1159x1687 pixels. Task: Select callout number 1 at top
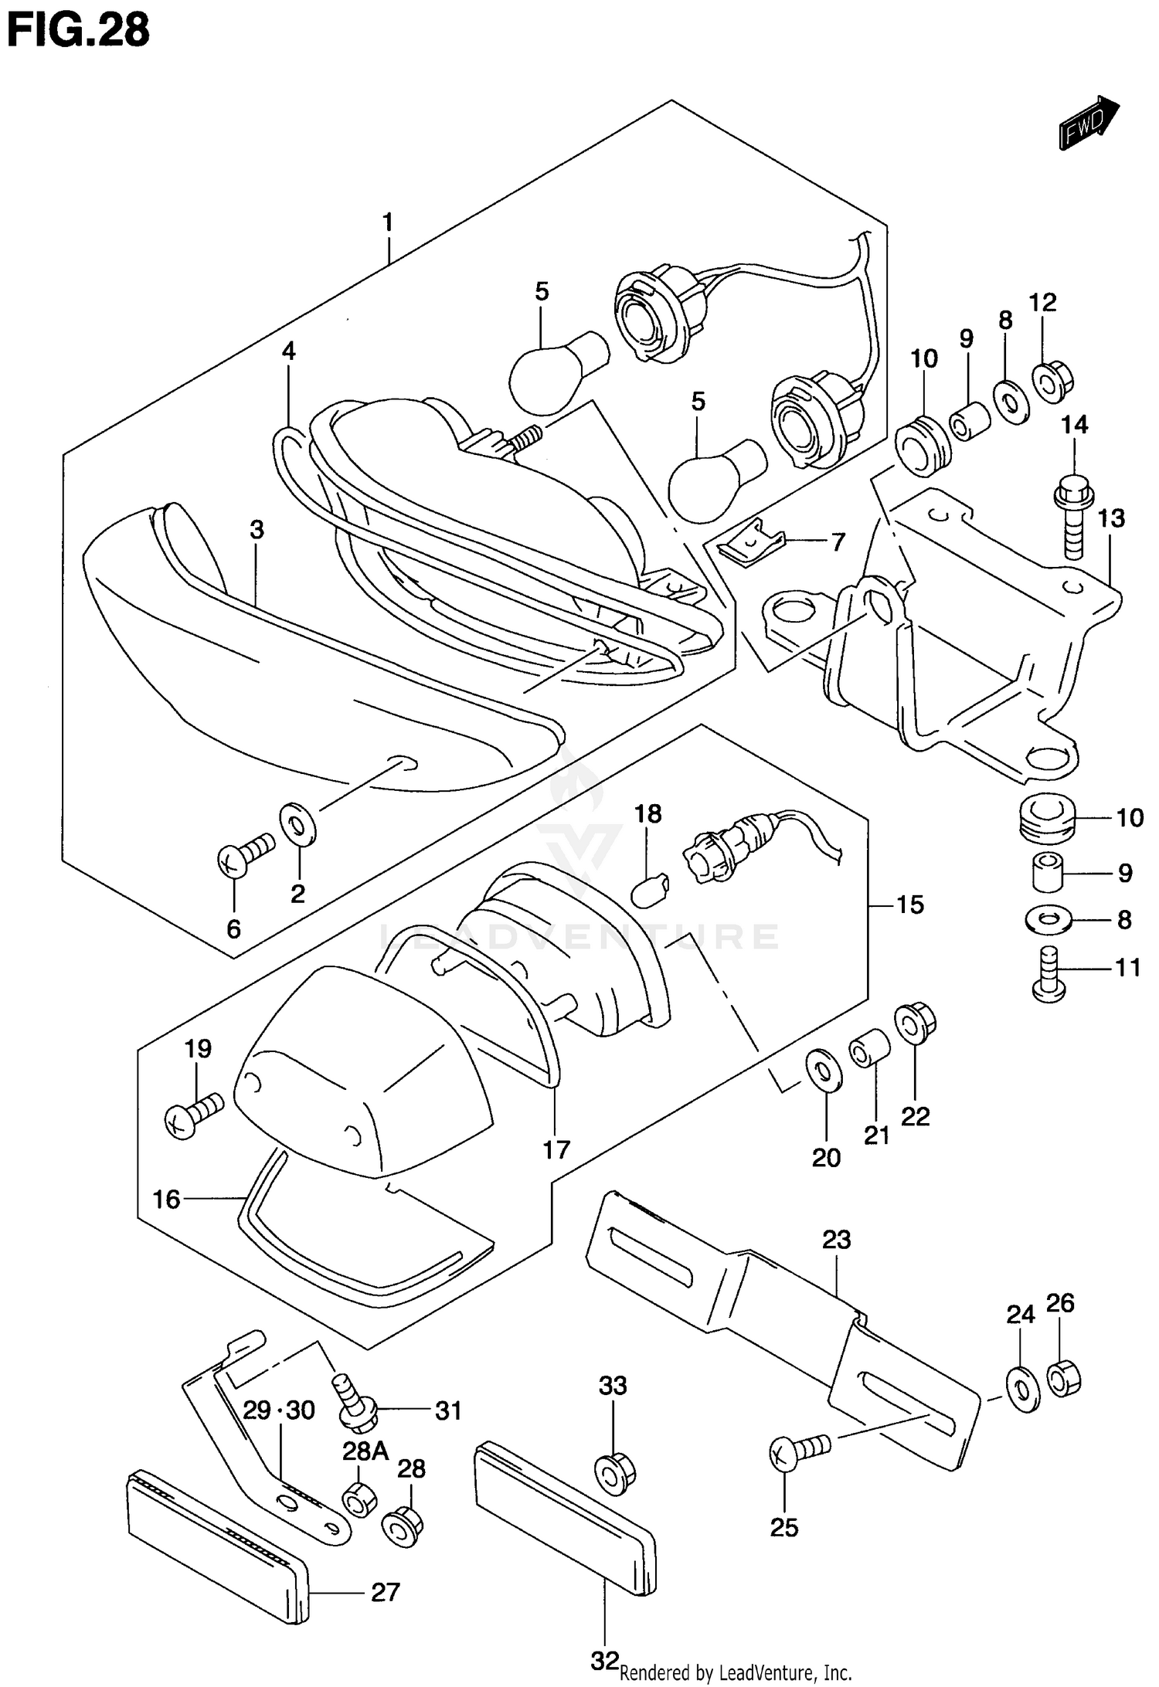388,223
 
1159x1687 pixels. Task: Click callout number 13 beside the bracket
1111,518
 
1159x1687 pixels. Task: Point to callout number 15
910,905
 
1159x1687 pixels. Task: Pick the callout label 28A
365,1451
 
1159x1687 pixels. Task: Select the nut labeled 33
614,1472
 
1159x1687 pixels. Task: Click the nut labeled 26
1063,1379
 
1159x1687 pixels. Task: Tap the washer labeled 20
824,1070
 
